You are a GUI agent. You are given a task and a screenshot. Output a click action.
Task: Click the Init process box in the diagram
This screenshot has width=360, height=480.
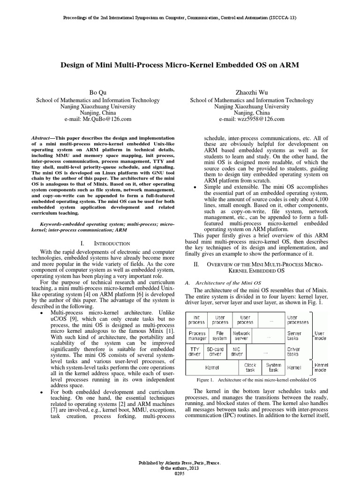[196, 320]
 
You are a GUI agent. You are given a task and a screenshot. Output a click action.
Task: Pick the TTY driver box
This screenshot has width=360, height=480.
[194, 352]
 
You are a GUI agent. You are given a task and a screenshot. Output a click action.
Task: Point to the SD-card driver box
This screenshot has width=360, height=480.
[216, 352]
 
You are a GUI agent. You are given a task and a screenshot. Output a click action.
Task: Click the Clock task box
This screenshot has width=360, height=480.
[251, 367]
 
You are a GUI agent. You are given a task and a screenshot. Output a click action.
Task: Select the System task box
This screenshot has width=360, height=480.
[273, 367]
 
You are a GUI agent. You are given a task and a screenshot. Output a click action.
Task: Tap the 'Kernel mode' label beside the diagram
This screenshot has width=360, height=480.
[322, 367]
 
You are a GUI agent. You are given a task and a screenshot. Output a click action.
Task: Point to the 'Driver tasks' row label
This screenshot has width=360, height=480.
[294, 352]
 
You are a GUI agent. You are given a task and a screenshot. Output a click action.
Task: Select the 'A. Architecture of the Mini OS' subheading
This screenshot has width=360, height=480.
[224, 283]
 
